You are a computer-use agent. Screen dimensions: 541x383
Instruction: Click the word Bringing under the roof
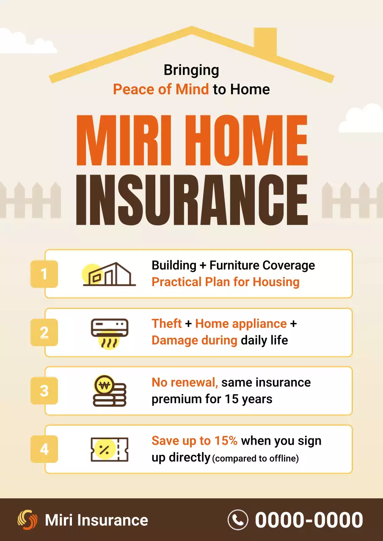point(191,70)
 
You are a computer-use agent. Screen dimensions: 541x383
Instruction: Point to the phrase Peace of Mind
point(161,90)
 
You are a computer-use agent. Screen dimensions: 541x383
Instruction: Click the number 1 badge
point(44,274)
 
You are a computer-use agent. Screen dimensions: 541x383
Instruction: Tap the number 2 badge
point(44,333)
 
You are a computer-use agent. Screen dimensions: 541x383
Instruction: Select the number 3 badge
point(44,391)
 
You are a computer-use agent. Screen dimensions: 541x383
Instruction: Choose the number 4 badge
point(44,449)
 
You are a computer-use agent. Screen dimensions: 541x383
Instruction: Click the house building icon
point(109,274)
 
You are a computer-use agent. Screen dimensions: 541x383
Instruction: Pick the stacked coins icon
point(110,391)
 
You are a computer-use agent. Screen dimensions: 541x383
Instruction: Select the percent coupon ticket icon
point(110,449)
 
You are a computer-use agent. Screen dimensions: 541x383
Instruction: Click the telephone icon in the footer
point(238,520)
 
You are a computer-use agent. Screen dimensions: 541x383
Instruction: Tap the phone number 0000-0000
point(309,520)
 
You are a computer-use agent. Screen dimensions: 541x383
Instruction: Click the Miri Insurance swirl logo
point(28,520)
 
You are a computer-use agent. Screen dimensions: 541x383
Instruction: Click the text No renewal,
point(185,383)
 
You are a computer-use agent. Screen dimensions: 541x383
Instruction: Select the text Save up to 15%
point(195,441)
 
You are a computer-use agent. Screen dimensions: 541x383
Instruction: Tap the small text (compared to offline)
point(256,459)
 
